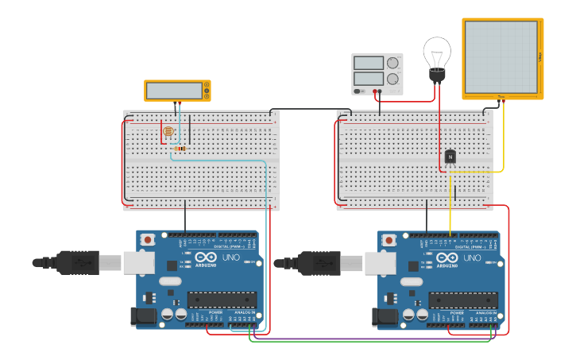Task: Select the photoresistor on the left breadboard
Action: pos(168,132)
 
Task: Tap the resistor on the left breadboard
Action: pos(180,149)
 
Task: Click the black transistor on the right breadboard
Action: pos(450,157)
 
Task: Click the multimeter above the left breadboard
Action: pos(176,91)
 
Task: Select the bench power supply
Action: pos(377,73)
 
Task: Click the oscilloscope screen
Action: pos(501,56)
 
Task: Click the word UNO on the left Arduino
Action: pos(230,257)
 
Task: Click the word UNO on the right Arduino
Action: pos(472,257)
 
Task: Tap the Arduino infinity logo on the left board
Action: pos(205,258)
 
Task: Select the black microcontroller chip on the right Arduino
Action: pos(463,300)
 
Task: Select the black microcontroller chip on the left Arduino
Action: pos(222,300)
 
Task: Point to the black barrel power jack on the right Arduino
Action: pos(386,317)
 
